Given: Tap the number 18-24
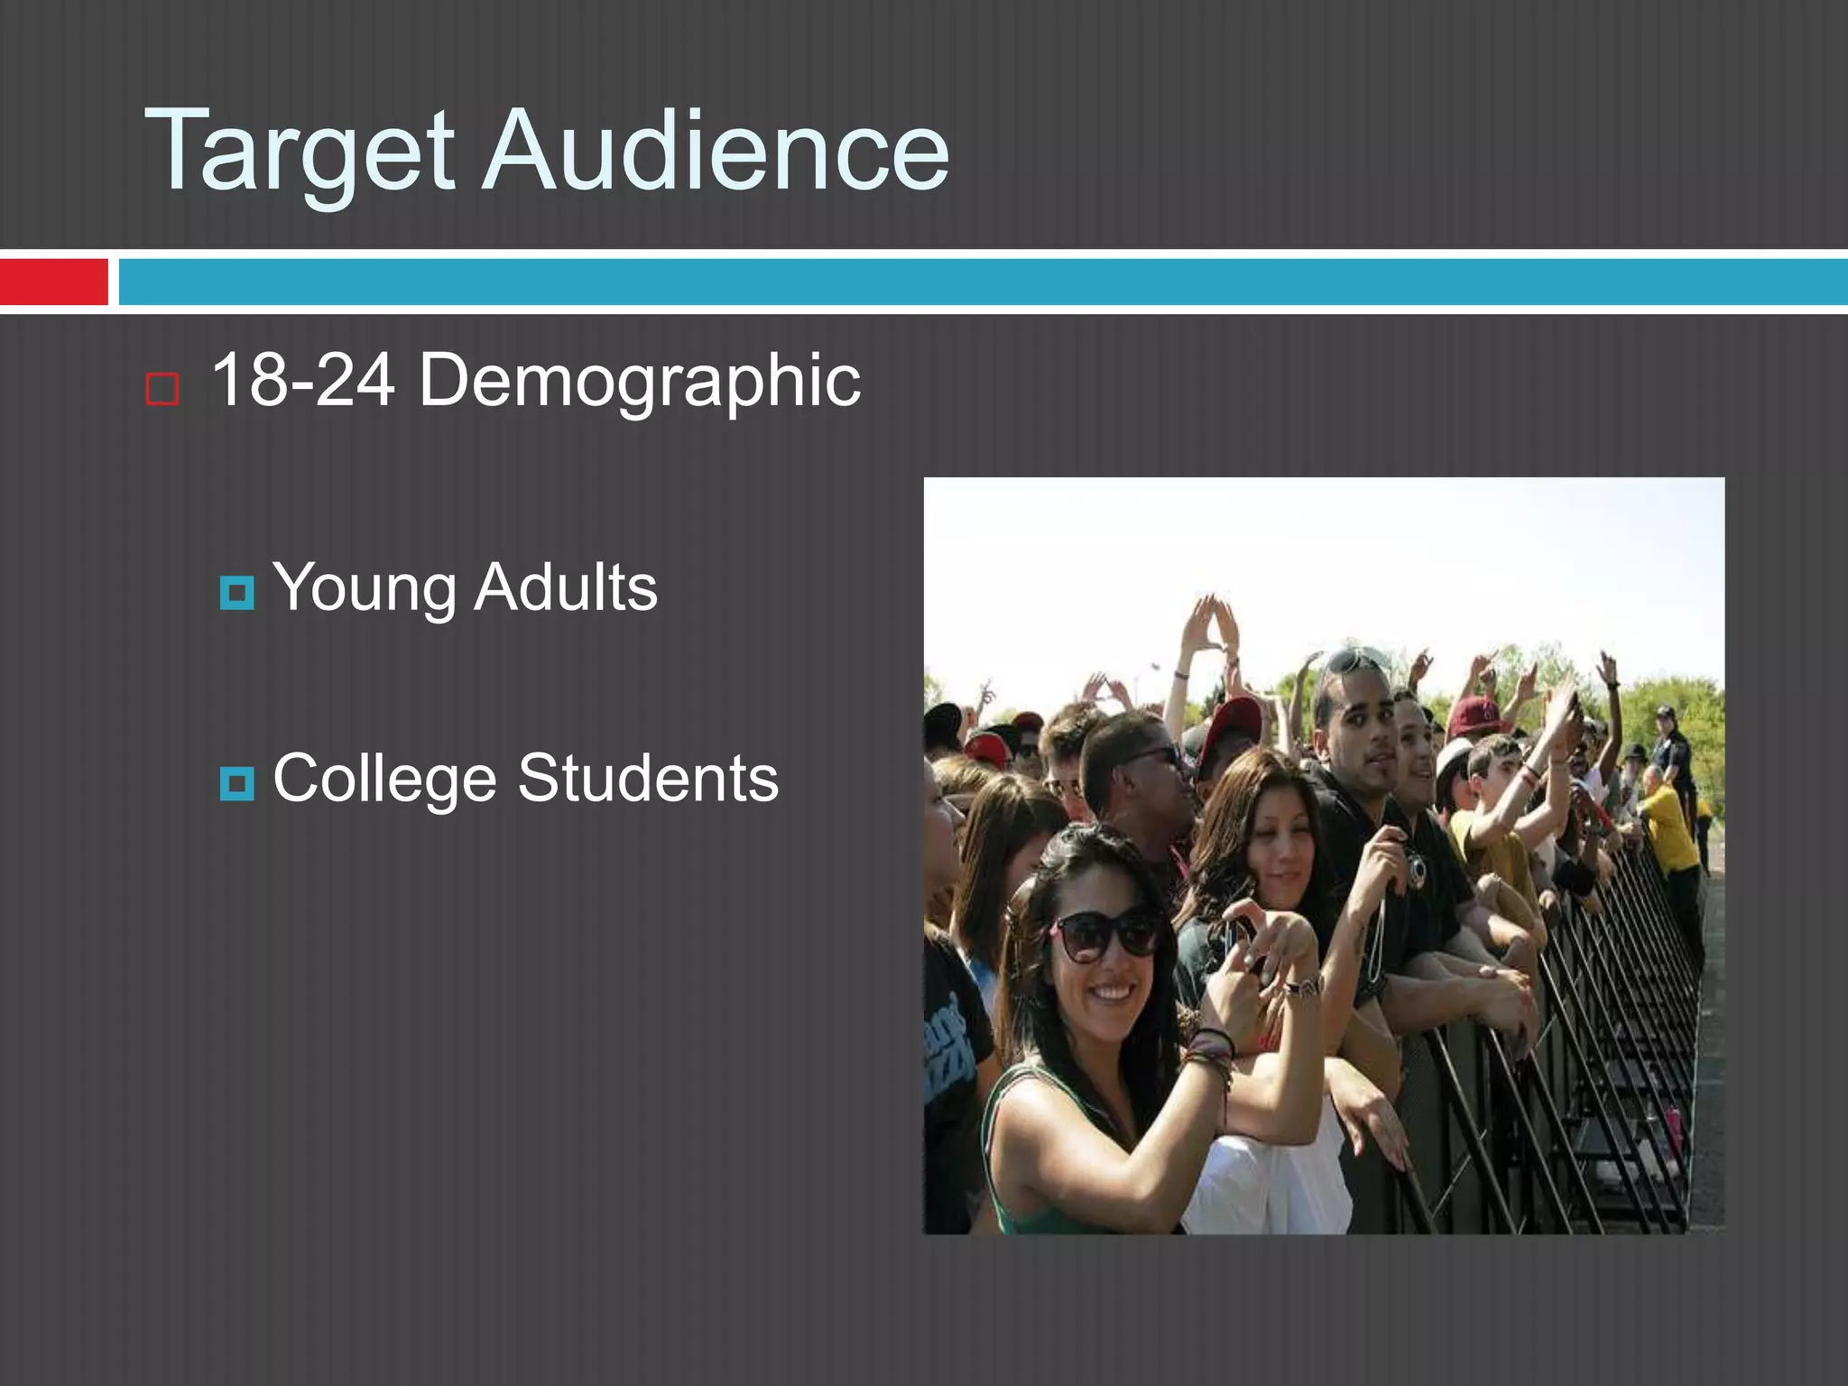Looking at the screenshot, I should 303,381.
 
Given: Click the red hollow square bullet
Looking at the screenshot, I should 162,389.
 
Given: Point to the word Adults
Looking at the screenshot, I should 566,587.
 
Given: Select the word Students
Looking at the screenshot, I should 648,778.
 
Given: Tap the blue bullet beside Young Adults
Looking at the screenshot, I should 236,593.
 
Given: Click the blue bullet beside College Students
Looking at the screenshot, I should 236,783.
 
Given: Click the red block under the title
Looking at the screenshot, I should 53,282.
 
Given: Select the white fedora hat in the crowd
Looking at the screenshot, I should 1454,757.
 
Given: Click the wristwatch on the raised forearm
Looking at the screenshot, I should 1300,986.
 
